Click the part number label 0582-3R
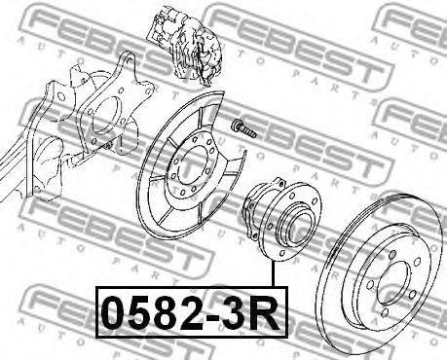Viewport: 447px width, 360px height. (x=192, y=312)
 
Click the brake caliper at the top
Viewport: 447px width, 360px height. (x=184, y=47)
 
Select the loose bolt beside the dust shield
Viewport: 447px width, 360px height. (x=243, y=128)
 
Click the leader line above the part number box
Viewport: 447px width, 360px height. (x=274, y=274)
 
